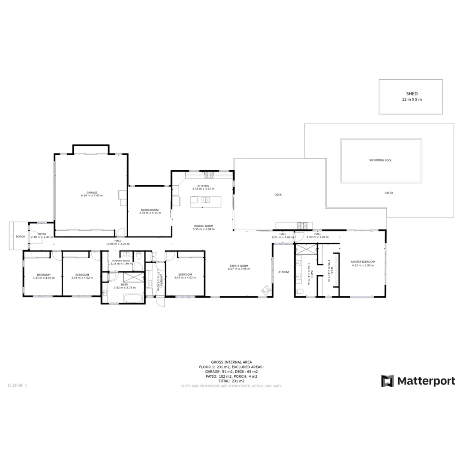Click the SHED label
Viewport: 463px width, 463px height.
[x=412, y=93]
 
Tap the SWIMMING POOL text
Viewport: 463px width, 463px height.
[x=381, y=160]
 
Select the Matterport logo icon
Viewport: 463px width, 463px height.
[x=388, y=381]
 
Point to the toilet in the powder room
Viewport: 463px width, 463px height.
[x=138, y=256]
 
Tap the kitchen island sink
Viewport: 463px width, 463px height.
[x=206, y=200]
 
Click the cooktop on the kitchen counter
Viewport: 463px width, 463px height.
[x=209, y=174]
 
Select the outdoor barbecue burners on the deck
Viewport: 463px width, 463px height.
[x=303, y=225]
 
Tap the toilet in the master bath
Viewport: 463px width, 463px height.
[x=300, y=292]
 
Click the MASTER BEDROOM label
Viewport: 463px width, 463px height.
[x=363, y=262]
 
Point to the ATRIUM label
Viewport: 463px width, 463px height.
[x=283, y=272]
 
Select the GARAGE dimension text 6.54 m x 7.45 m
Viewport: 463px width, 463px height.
[x=92, y=195]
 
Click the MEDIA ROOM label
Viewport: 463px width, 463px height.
[x=150, y=210]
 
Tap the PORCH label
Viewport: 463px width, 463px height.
[x=20, y=237]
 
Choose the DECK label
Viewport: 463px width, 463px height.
[x=278, y=195]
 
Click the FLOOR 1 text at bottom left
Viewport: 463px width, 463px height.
[x=17, y=385]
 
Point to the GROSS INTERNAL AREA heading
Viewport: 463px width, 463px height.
[x=231, y=362]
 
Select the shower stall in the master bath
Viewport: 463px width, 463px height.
[x=306, y=249]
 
